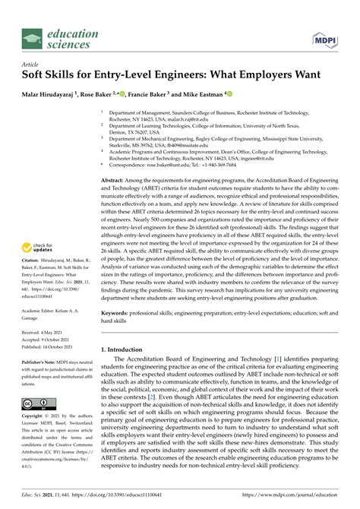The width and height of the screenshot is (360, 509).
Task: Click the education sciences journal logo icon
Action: [31, 39]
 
